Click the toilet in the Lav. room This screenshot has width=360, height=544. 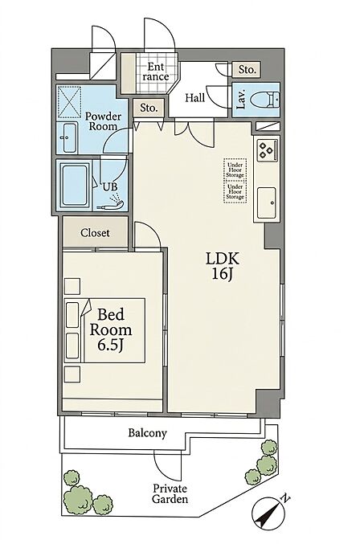pos(264,100)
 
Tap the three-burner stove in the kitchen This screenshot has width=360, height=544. pos(266,150)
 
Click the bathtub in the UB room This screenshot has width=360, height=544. pos(74,185)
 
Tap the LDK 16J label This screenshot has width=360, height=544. pos(223,266)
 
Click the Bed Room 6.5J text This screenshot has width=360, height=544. pos(111,329)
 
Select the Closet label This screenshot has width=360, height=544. pos(95,233)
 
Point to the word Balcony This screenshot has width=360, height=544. pos(147,433)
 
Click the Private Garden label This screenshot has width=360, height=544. pos(170,493)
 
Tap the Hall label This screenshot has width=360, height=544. pos(194,98)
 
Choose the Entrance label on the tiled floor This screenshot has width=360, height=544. pos(156,72)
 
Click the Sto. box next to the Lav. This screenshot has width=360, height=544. pos(247,70)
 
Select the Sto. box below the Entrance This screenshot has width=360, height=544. pos(149,108)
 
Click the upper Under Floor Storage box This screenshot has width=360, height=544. pos(235,170)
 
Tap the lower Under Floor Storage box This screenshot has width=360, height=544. pos(235,191)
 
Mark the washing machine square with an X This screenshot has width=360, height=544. pos(69,102)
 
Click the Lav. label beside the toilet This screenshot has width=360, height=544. pos(241,100)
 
